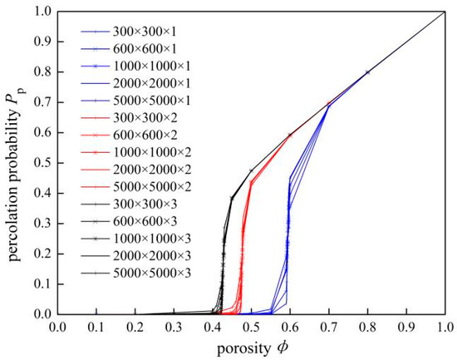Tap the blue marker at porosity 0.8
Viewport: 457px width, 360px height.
[x=367, y=72]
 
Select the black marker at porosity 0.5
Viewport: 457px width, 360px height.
[x=251, y=171]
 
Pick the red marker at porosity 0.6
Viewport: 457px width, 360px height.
[x=289, y=135]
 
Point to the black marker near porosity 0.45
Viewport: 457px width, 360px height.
[x=231, y=198]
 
